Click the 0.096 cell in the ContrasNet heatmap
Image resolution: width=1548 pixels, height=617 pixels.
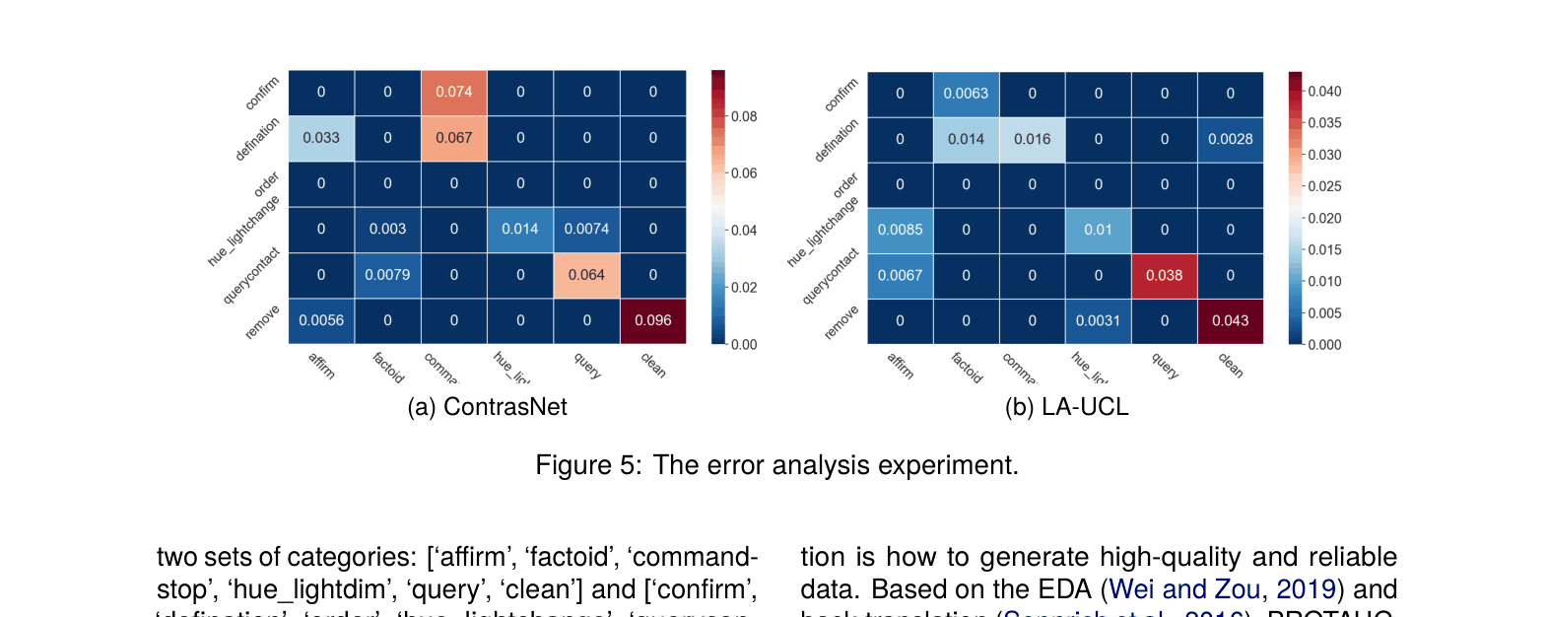pyautogui.click(x=652, y=320)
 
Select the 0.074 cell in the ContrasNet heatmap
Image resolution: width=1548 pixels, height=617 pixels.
pyautogui.click(x=453, y=92)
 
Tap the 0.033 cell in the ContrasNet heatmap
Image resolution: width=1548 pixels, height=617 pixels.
pyautogui.click(x=321, y=138)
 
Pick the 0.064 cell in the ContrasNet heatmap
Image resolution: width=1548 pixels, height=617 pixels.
pyautogui.click(x=586, y=275)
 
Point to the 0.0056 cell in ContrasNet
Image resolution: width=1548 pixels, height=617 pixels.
pyautogui.click(x=321, y=320)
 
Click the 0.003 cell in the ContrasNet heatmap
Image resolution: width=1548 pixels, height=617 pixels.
pyautogui.click(x=387, y=229)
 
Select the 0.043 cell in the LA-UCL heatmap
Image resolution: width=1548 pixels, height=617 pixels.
pyautogui.click(x=1230, y=320)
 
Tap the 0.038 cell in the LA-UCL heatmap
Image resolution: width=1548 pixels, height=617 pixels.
pyautogui.click(x=1164, y=276)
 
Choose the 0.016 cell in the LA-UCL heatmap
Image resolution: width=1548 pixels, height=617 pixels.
pyautogui.click(x=1032, y=139)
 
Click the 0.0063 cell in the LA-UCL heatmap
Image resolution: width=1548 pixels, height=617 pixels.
pyautogui.click(x=966, y=94)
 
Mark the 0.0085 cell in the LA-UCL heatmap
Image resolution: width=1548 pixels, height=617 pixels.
pyautogui.click(x=900, y=230)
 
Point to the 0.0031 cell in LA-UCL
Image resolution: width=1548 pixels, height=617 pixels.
pyautogui.click(x=1098, y=320)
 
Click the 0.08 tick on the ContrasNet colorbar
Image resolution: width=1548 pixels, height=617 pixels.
pyautogui.click(x=744, y=116)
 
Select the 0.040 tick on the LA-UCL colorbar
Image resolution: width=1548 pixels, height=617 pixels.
pyautogui.click(x=1324, y=92)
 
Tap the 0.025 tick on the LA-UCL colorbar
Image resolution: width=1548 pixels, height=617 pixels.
pyautogui.click(x=1324, y=186)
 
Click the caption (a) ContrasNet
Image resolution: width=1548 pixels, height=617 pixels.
pyautogui.click(x=487, y=407)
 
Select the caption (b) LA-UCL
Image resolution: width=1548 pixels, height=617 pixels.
pyautogui.click(x=1066, y=407)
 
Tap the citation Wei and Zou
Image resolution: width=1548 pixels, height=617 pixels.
pyautogui.click(x=1183, y=589)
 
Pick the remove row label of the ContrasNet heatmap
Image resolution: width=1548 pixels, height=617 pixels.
pyautogui.click(x=263, y=322)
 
